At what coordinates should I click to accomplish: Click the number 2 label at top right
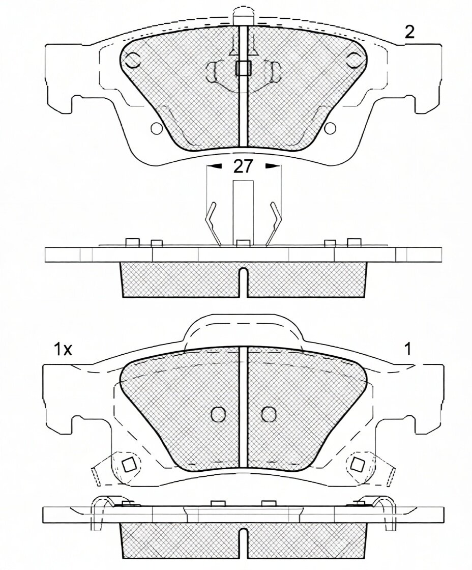pos(409,33)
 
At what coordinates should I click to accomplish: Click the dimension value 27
pos(243,166)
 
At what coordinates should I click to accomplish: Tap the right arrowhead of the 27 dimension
pos(271,166)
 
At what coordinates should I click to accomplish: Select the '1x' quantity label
pos(63,349)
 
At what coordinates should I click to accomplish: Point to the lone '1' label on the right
pos(408,349)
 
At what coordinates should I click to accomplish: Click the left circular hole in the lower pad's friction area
pos(218,414)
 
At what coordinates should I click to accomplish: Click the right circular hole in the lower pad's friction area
pos(269,414)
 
